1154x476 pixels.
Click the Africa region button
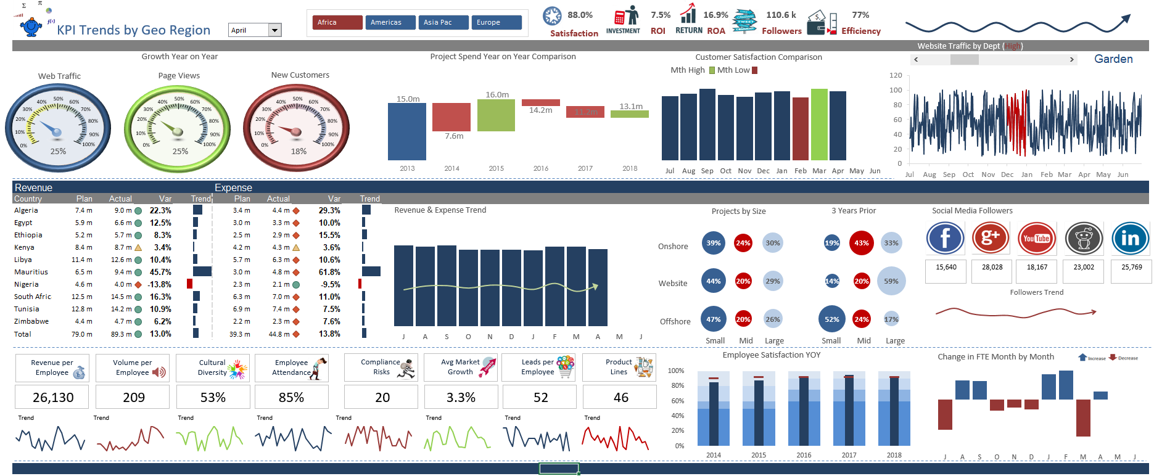click(x=337, y=23)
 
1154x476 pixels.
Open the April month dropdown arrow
click(x=275, y=30)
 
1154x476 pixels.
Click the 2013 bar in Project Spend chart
click(x=406, y=131)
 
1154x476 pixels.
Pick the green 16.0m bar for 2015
click(x=496, y=115)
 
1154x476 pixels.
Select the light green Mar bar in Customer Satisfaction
click(x=819, y=125)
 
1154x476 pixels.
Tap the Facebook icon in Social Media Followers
click(x=945, y=239)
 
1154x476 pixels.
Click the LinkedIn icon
click(x=1130, y=239)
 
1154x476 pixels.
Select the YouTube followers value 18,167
click(x=1037, y=268)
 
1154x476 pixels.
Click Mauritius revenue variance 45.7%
click(x=160, y=272)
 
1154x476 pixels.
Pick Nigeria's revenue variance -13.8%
click(x=160, y=284)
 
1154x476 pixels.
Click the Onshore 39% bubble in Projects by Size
click(x=714, y=243)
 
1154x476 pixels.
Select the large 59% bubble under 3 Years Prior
click(x=891, y=281)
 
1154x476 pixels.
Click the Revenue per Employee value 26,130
click(x=52, y=398)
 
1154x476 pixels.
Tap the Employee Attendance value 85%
click(x=291, y=398)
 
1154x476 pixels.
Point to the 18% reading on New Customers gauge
click(x=299, y=152)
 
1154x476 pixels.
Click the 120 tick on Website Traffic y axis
click(x=896, y=75)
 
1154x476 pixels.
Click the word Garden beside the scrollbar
click(x=1113, y=59)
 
